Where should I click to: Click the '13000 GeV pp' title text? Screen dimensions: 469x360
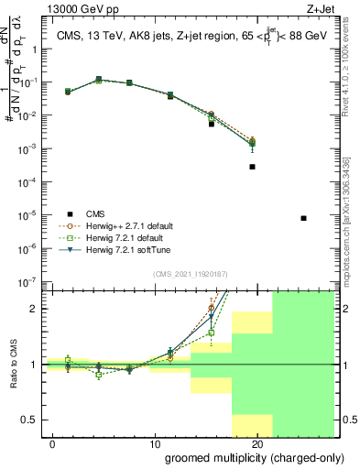coord(80,8)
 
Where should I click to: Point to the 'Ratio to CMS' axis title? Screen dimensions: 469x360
coord(12,365)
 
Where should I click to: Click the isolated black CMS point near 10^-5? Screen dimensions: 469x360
coord(303,218)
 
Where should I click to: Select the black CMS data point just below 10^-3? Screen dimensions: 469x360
coord(252,167)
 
